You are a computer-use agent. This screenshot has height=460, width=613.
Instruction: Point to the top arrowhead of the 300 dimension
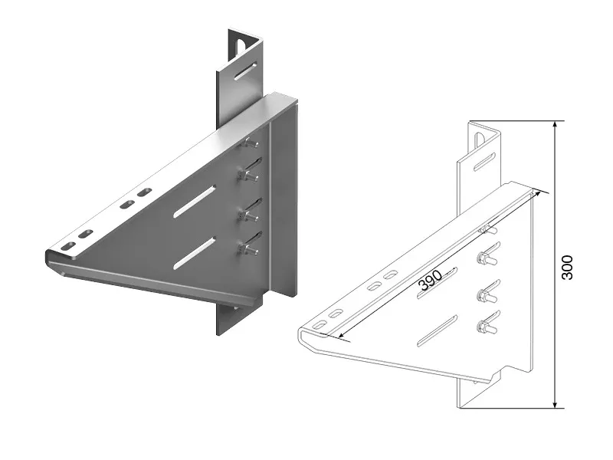(554, 124)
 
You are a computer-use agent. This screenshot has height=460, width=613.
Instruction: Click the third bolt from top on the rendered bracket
(250, 214)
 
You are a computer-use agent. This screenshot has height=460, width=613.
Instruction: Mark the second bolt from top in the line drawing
(484, 259)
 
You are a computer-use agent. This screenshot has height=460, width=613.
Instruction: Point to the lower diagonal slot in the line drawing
(434, 333)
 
